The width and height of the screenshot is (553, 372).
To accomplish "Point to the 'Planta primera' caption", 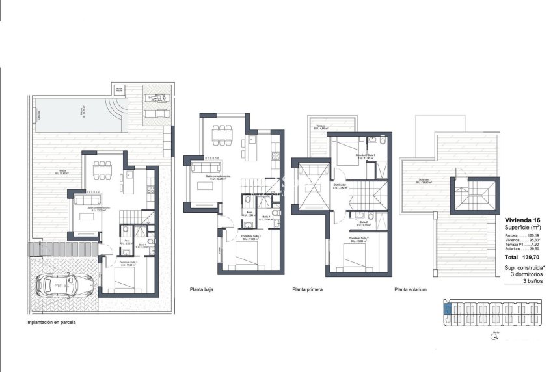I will pyautogui.click(x=308, y=289).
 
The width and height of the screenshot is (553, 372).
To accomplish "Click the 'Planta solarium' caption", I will pyautogui.click(x=410, y=289).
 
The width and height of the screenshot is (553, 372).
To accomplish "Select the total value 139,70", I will pyautogui.click(x=533, y=258).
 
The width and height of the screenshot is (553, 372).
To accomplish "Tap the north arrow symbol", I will pyautogui.click(x=496, y=337).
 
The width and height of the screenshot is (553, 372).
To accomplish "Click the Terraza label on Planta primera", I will pyautogui.click(x=321, y=127).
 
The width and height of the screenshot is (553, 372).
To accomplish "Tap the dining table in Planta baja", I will pyautogui.click(x=223, y=133).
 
